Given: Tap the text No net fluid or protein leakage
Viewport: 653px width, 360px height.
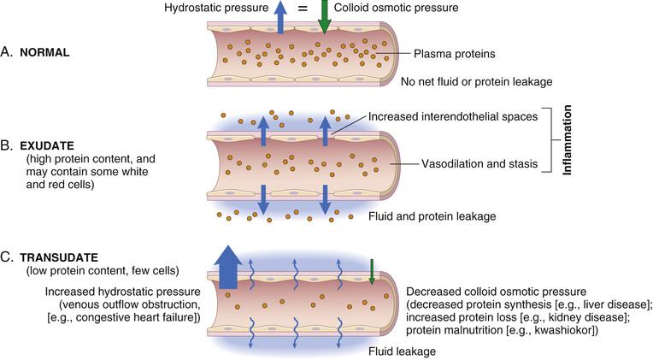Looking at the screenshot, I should pos(477,82).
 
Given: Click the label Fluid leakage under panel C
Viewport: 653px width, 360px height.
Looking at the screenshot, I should pos(402,351).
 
